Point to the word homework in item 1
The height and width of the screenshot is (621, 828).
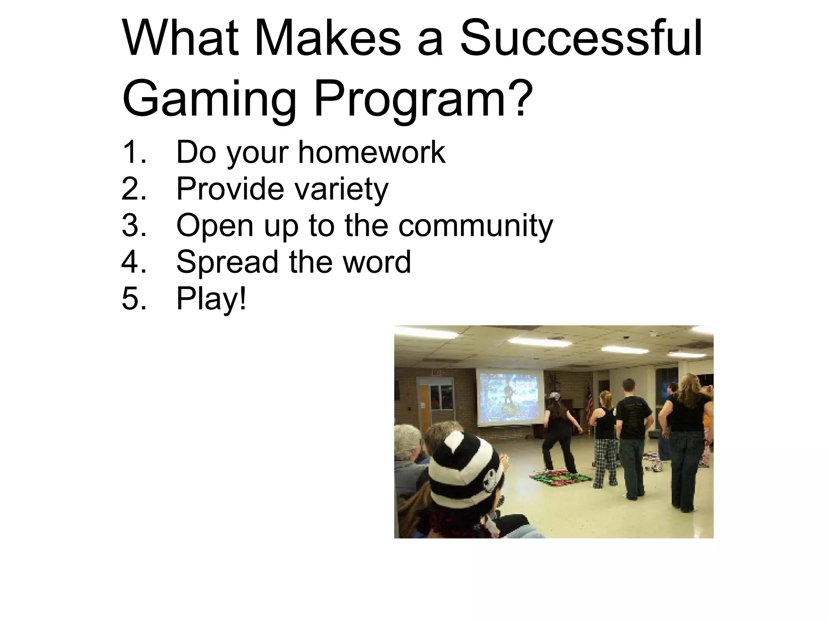[x=372, y=152]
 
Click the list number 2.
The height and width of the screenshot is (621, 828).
[x=133, y=188]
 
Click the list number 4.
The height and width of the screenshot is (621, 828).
[x=133, y=262]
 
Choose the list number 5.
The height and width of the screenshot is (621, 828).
[x=133, y=298]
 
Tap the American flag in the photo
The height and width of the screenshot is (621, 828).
[x=588, y=400]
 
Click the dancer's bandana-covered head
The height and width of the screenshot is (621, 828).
[x=553, y=398]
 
